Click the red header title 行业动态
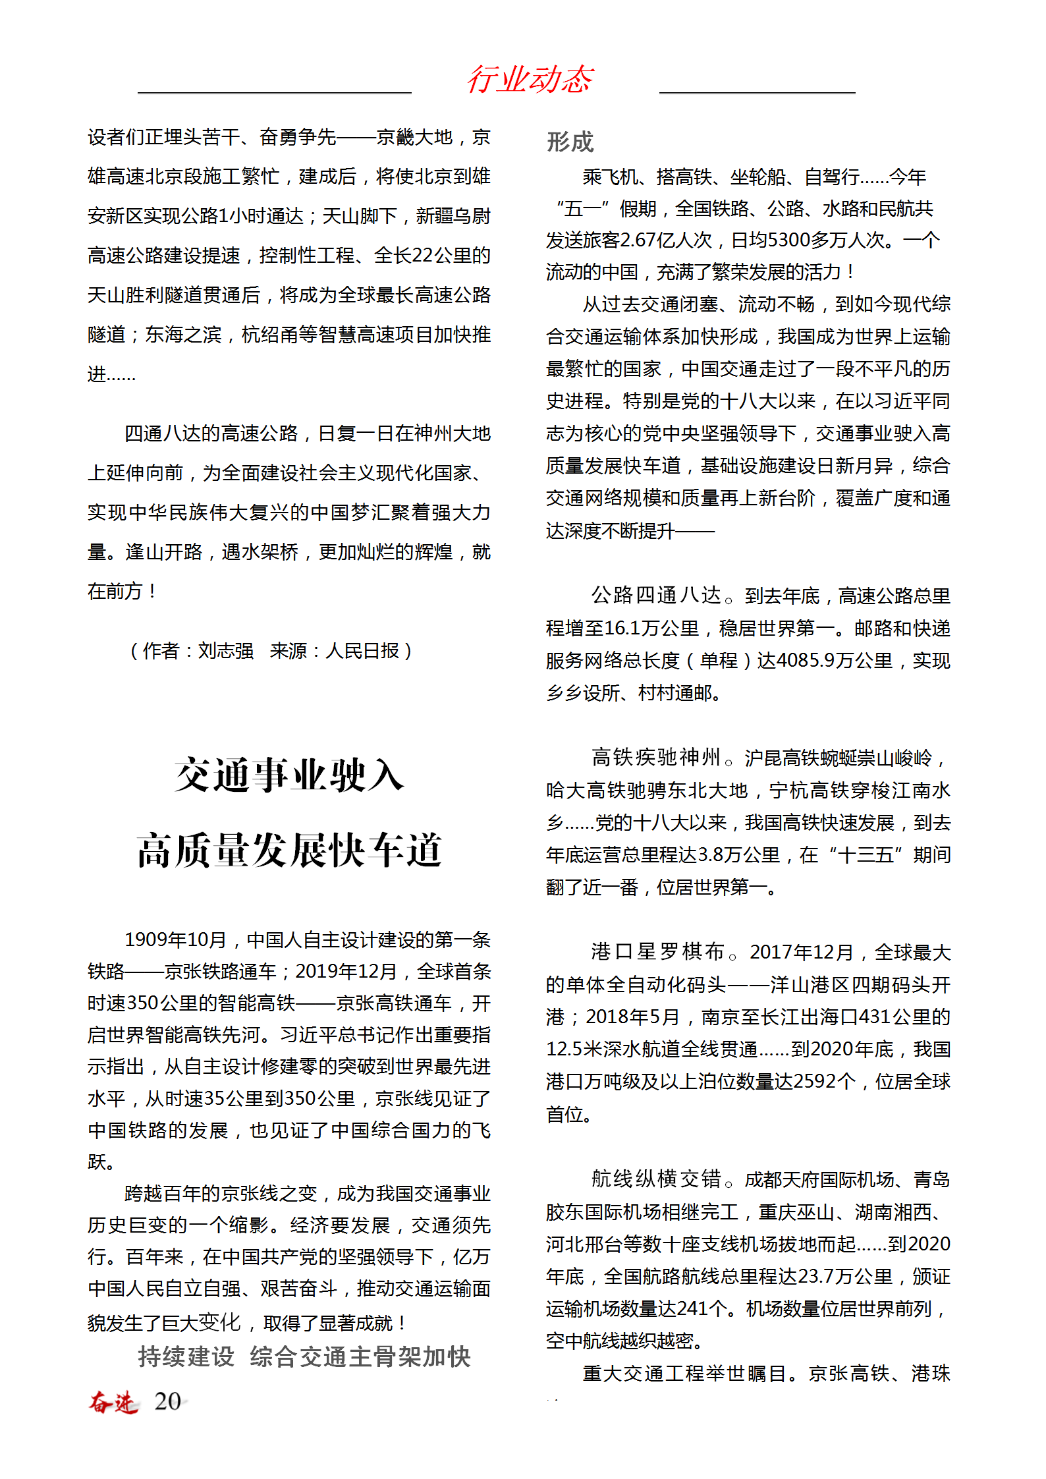(530, 80)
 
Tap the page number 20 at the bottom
(167, 1401)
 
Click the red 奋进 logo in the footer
(113, 1401)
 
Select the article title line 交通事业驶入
(289, 775)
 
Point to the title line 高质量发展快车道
(289, 850)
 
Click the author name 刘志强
(225, 651)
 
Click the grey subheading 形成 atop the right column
(570, 142)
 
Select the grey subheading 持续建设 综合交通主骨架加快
(304, 1357)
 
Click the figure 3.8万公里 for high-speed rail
(738, 855)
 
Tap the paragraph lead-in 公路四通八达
(656, 596)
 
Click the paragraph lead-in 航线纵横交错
(656, 1179)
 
